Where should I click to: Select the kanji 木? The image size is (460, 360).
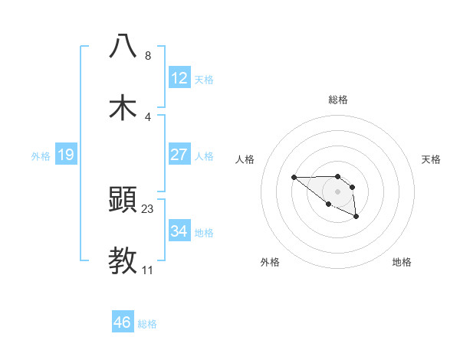[123, 107]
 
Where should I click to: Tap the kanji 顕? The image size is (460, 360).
[123, 200]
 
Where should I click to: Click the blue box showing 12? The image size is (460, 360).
[179, 78]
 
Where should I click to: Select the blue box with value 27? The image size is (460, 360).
[179, 155]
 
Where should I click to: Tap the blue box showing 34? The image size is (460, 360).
[179, 231]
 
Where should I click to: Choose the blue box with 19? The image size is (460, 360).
[65, 155]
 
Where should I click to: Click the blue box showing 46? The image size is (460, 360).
[122, 322]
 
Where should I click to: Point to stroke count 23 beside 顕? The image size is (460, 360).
[148, 208]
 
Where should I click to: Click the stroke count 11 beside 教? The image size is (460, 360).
[148, 270]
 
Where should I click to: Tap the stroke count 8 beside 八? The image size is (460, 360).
[148, 55]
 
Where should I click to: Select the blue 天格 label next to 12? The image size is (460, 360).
[204, 79]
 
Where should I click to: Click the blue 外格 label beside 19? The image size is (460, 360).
[41, 156]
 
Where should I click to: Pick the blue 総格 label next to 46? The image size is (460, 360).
[147, 324]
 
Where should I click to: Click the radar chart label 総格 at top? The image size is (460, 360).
[338, 100]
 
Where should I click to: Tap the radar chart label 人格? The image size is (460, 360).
[245, 159]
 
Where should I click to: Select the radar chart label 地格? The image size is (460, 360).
[402, 262]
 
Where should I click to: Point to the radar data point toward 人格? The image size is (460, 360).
[294, 178]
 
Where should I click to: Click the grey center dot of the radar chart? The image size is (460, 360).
[338, 191]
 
